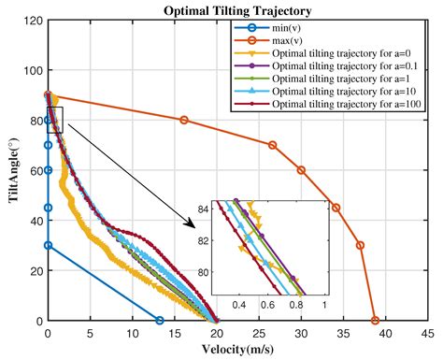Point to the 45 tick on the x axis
pyautogui.click(x=426, y=332)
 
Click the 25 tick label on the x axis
pyautogui.click(x=258, y=332)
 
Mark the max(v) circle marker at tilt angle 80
pyautogui.click(x=183, y=120)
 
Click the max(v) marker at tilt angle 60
pyautogui.click(x=301, y=170)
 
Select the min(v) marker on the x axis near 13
pyautogui.click(x=159, y=320)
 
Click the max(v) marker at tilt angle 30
pyautogui.click(x=360, y=245)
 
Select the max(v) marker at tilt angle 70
pyautogui.click(x=272, y=145)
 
